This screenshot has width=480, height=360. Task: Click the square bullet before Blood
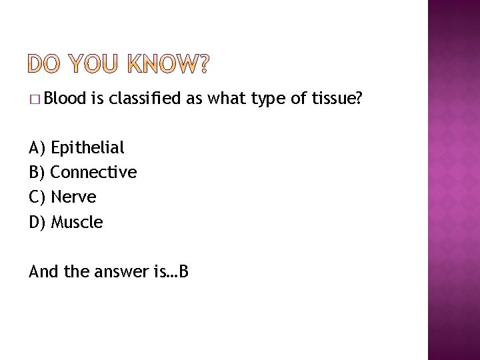34,99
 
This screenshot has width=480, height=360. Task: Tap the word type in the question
270,99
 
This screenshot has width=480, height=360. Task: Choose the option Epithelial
87,147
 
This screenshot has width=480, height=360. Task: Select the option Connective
93,172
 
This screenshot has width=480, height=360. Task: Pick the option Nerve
73,197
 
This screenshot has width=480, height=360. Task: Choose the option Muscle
77,221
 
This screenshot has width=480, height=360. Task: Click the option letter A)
37,147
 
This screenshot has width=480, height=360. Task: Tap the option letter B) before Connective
37,172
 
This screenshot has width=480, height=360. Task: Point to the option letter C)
37,197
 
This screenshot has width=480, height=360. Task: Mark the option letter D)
37,221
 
